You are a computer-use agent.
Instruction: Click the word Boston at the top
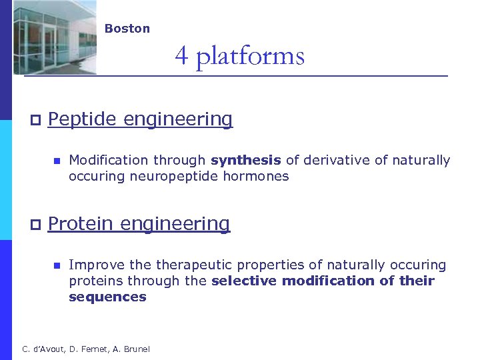click(127, 29)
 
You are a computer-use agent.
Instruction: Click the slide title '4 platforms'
click(239, 55)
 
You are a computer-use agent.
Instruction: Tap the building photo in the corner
click(55, 37)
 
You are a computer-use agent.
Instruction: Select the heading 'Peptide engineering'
click(140, 119)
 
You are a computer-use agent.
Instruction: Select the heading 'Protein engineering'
click(139, 224)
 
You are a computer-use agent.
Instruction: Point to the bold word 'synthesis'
click(245, 161)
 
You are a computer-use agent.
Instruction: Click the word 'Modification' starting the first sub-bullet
click(109, 161)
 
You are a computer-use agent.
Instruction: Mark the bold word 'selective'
click(244, 281)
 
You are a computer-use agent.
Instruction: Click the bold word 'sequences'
click(107, 297)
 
